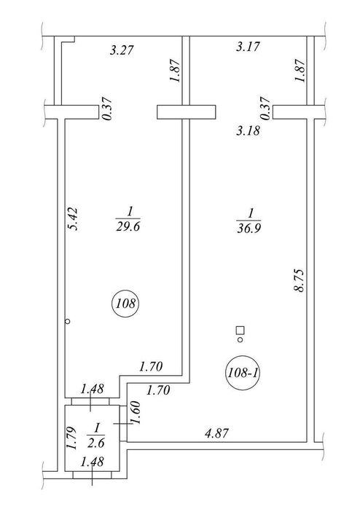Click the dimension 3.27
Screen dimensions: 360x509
[x=122, y=50]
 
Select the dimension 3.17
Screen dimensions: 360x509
[x=248, y=47]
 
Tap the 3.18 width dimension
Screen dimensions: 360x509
[x=249, y=130]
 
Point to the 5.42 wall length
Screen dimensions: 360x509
[x=74, y=218]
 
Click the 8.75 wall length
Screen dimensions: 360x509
[x=299, y=280]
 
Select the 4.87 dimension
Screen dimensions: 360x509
[x=217, y=433]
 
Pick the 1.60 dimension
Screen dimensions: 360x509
[x=136, y=413]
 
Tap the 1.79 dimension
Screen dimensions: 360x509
[x=71, y=438]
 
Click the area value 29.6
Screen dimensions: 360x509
[x=128, y=226]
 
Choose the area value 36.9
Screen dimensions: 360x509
[x=249, y=228]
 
